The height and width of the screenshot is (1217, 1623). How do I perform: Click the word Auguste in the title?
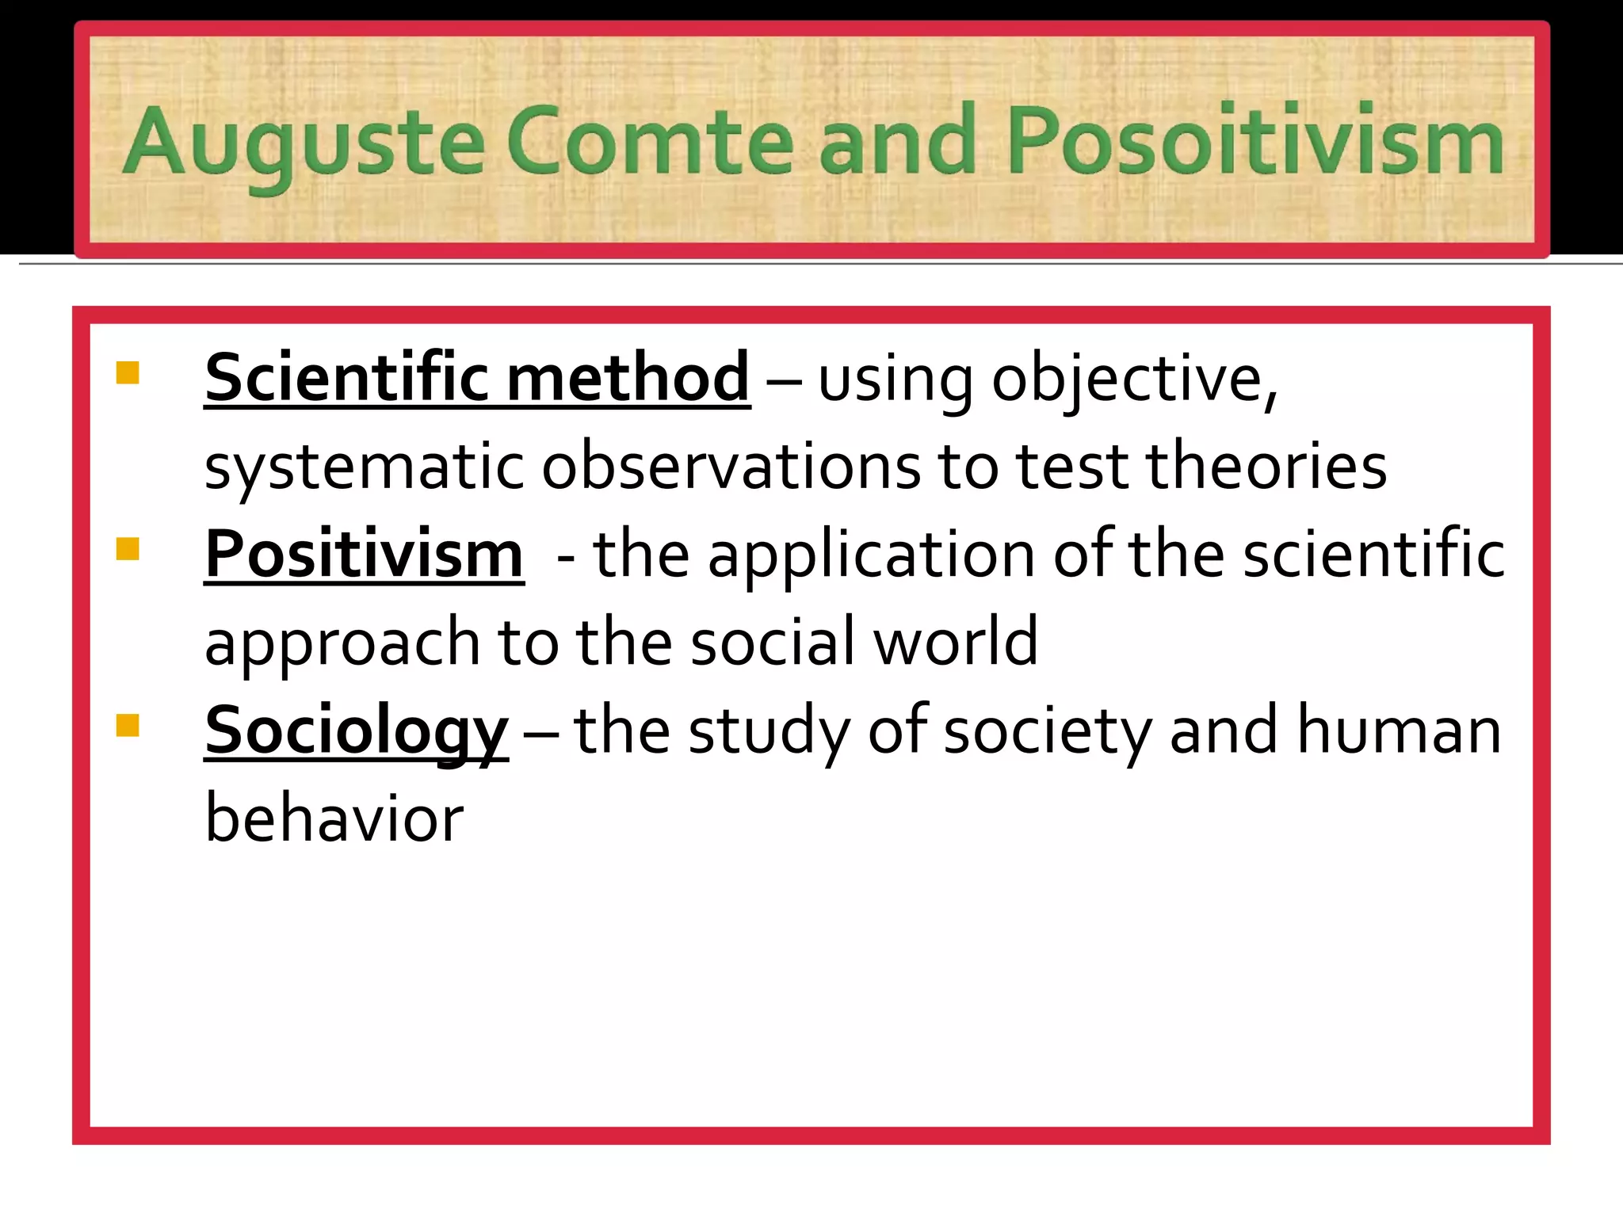pos(303,143)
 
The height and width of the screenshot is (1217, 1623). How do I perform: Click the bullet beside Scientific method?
pos(128,372)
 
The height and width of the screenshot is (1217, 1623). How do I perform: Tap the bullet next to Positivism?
pos(128,548)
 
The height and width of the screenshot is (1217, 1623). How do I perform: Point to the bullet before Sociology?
pos(128,725)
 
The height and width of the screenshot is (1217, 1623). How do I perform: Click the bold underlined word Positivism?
pos(364,554)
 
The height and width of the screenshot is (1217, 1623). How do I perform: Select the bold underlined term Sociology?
pos(356,731)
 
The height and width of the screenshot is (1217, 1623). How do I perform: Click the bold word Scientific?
pos(347,377)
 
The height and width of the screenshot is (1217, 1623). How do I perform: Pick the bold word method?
pos(628,377)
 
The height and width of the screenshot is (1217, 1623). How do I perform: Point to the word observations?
pos(731,466)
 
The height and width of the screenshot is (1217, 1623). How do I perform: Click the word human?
pos(1399,731)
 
